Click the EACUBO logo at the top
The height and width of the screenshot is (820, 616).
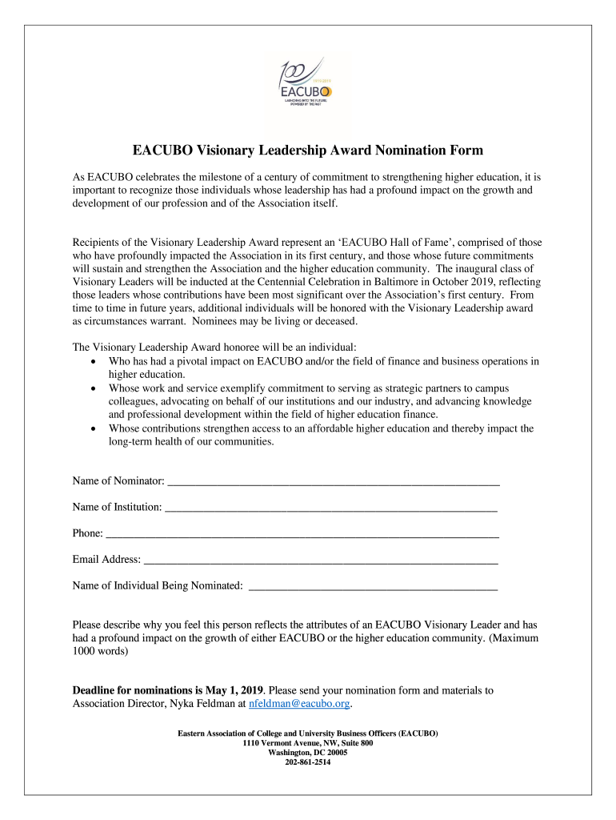[307, 84]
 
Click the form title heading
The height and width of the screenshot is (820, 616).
[308, 150]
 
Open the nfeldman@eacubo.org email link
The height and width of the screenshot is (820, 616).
[299, 704]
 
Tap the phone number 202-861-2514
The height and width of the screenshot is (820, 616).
[308, 762]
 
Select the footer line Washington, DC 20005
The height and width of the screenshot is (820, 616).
[308, 753]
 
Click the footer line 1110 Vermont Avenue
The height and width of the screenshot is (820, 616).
[308, 743]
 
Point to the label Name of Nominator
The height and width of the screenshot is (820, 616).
[118, 481]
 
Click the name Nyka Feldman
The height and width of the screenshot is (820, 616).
[206, 704]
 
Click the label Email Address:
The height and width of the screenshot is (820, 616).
[106, 560]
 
